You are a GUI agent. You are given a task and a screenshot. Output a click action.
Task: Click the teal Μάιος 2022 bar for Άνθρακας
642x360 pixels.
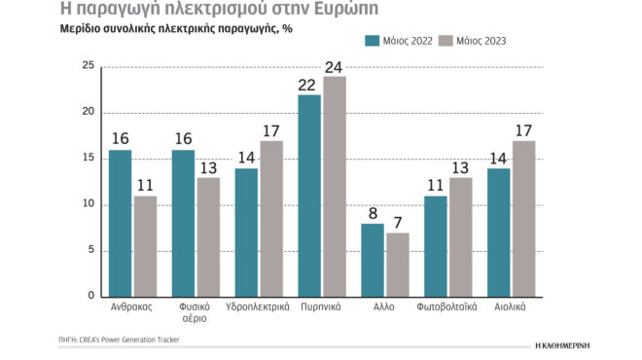tap(120, 223)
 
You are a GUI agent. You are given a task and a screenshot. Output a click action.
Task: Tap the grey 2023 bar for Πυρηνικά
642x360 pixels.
tap(334, 186)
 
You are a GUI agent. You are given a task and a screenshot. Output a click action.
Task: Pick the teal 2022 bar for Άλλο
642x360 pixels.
tap(373, 260)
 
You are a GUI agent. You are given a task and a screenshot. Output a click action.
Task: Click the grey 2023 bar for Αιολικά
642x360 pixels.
tap(523, 218)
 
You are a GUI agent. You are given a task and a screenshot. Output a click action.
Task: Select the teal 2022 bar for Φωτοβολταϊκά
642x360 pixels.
tap(437, 245)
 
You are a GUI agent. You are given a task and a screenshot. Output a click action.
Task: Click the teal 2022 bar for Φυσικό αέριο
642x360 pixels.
tap(183, 223)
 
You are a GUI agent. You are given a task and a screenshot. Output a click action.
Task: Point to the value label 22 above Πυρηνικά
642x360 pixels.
tap(309, 86)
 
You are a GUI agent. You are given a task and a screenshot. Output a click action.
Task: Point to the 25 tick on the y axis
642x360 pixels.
tap(88, 66)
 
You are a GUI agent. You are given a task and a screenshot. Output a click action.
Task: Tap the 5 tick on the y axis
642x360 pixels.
tap(90, 250)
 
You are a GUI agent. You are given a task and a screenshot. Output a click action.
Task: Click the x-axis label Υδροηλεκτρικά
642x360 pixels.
tap(258, 306)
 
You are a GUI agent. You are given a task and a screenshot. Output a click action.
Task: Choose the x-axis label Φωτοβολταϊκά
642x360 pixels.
tap(448, 306)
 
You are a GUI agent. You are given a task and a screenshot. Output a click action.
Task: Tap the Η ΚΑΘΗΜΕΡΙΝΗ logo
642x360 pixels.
tap(576, 345)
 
